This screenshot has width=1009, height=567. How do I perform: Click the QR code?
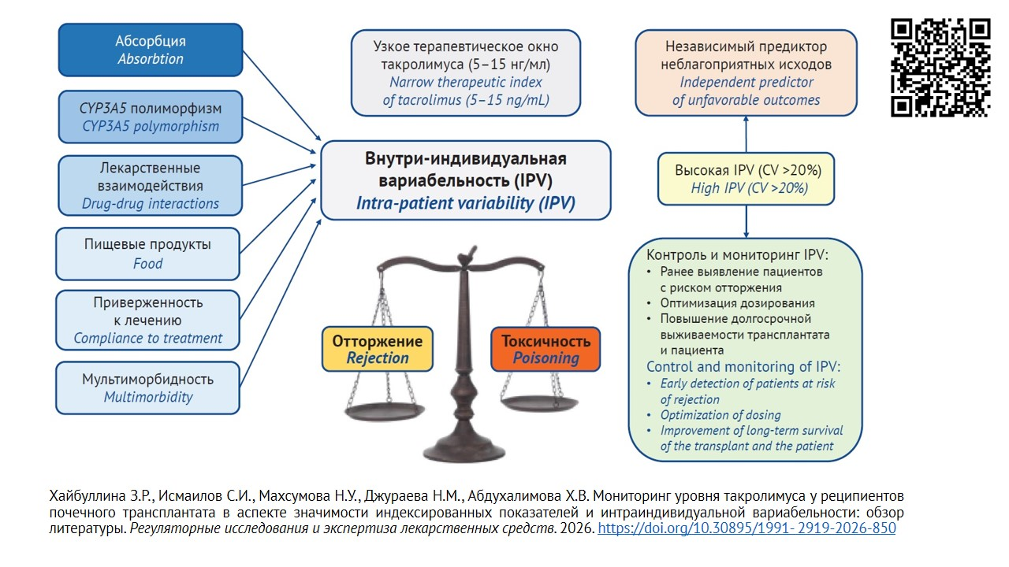coord(940,68)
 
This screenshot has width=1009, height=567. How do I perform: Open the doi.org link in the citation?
coord(747,528)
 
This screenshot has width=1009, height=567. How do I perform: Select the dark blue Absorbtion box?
coord(151,50)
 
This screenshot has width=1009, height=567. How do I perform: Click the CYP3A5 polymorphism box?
coord(151,117)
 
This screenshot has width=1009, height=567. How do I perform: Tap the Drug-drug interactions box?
coord(151,185)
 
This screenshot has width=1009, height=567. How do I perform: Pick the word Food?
coord(147,263)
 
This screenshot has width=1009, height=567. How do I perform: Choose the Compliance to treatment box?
coord(147,320)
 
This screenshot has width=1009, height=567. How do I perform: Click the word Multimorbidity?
coord(148,397)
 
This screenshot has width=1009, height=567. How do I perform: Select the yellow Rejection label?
coord(378,349)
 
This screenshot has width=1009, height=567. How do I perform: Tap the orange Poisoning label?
coord(545,349)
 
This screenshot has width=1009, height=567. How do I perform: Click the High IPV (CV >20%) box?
coord(747,179)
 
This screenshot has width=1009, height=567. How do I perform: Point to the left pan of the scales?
coord(384,411)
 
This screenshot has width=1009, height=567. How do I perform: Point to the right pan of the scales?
coord(539,404)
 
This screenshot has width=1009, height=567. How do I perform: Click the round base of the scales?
coord(464,449)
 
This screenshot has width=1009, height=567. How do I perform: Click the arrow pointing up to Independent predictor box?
coord(747,134)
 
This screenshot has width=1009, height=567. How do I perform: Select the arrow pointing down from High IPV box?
coord(747,221)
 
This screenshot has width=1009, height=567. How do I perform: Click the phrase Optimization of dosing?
coord(720,415)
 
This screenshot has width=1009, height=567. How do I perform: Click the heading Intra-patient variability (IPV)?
coord(466,203)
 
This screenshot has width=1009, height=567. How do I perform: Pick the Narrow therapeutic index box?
coord(466,73)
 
